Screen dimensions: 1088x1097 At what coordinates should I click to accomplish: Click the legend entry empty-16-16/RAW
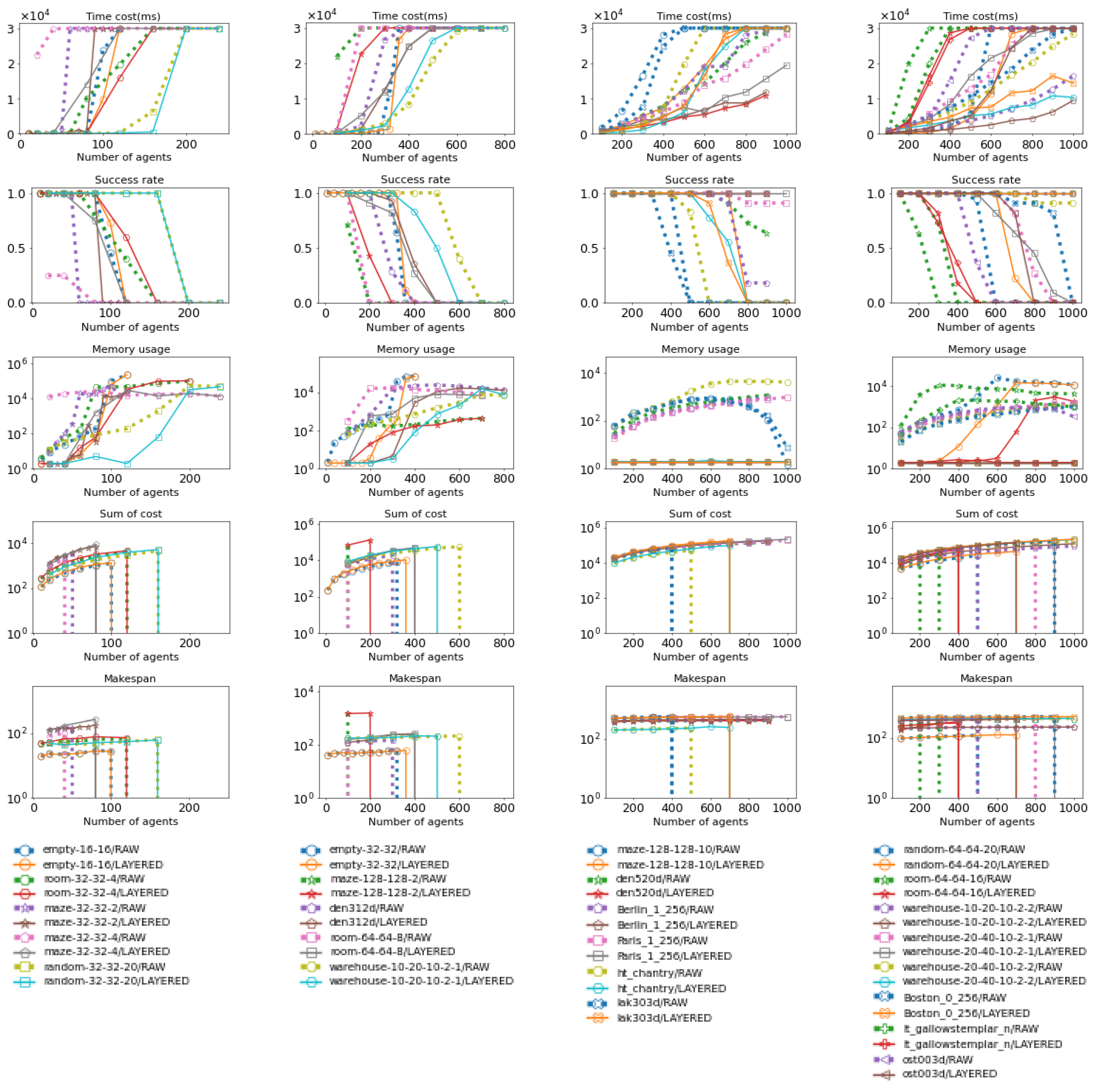pos(91,849)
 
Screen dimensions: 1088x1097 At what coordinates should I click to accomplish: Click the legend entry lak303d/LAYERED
pos(664,1018)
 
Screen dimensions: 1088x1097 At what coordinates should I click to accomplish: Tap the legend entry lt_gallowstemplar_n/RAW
pos(970,1028)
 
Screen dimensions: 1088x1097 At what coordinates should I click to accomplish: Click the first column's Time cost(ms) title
pos(123,17)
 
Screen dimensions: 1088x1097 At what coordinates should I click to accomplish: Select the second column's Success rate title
pos(415,180)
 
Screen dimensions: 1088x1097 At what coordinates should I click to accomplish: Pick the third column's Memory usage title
pos(700,349)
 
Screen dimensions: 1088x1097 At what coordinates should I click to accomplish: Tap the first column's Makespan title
pos(130,678)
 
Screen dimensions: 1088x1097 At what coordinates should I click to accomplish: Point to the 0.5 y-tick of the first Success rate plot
pos(17,248)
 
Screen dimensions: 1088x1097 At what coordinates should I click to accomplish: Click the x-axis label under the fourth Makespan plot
pos(986,821)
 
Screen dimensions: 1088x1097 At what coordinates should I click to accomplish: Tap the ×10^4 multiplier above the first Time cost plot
pos(35,15)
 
